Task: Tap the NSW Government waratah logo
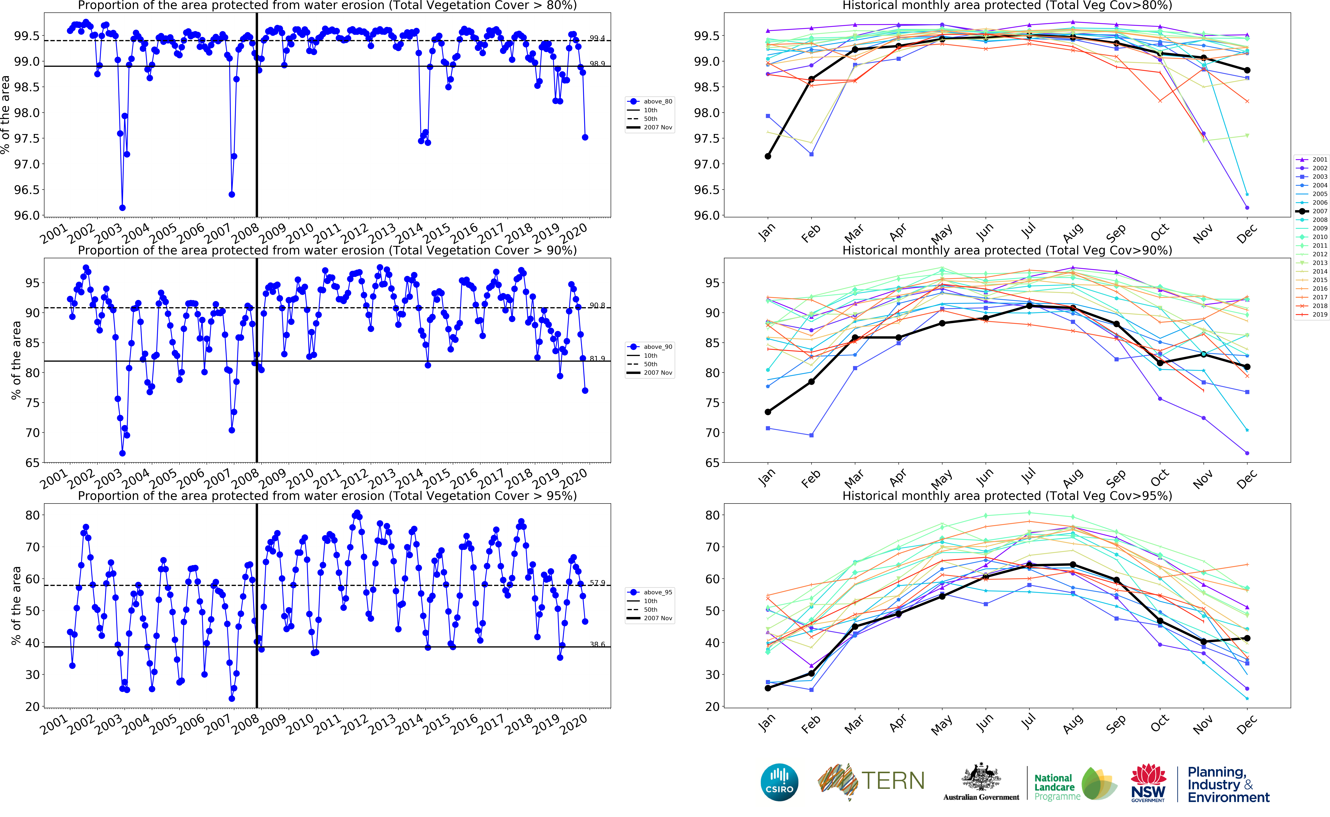click(1148, 782)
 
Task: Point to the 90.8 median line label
click(597, 305)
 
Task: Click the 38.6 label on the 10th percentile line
click(597, 644)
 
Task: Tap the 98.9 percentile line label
click(597, 64)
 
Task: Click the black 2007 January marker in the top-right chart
click(768, 156)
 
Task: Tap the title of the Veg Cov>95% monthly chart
click(1007, 496)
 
